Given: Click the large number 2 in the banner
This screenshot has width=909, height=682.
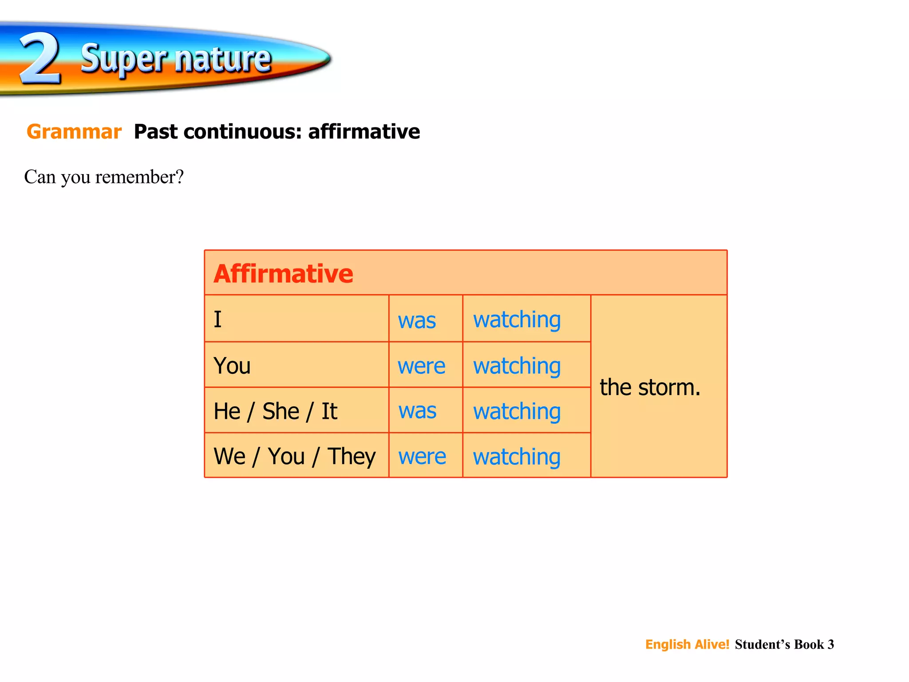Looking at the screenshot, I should click(x=40, y=59).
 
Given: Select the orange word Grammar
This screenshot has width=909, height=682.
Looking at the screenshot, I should click(x=74, y=132).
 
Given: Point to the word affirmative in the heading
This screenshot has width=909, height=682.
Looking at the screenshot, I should click(x=364, y=132).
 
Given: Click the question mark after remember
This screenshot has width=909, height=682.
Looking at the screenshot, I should click(x=179, y=177).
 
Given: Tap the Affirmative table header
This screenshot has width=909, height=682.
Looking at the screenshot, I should click(x=283, y=274).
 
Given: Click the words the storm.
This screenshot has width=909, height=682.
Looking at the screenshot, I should click(x=650, y=387).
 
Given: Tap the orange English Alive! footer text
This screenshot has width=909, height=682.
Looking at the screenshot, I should click(x=687, y=644).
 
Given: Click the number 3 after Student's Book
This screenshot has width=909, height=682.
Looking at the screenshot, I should click(x=830, y=644).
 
